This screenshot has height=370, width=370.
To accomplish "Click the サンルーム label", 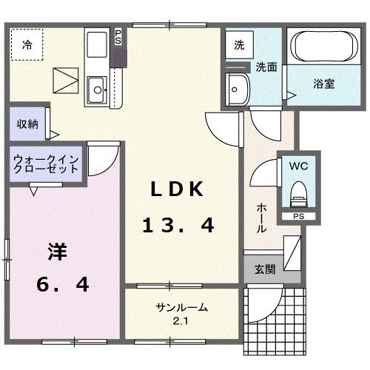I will (x=181, y=308).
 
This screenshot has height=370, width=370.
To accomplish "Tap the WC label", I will (x=299, y=166).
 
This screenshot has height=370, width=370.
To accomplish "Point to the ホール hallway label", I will (x=261, y=219).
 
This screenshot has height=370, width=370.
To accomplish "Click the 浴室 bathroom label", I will (x=323, y=84).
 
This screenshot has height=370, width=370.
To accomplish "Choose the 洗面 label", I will (x=266, y=67).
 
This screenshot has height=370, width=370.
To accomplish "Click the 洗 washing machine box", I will (x=239, y=45).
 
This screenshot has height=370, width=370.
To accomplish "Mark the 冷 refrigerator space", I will (x=27, y=44).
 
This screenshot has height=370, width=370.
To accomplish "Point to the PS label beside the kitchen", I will (x=118, y=36).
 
